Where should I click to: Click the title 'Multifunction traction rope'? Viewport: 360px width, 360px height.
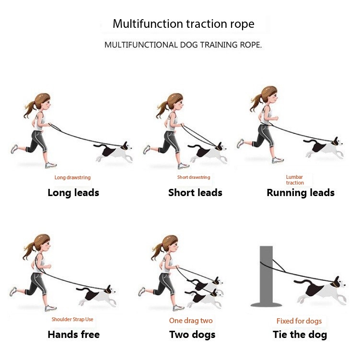tap(184, 23)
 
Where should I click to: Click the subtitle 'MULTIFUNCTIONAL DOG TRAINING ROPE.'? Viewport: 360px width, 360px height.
tap(183, 45)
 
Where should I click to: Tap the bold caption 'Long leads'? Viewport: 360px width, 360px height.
tap(73, 193)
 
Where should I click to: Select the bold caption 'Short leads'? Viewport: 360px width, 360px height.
tap(195, 193)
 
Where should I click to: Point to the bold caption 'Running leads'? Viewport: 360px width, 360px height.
tap(301, 193)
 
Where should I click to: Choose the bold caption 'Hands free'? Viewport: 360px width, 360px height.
tap(73, 335)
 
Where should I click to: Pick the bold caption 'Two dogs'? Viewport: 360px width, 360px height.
tap(192, 335)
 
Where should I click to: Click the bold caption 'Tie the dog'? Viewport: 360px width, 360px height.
tap(300, 335)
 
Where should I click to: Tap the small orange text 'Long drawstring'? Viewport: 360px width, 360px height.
tap(72, 177)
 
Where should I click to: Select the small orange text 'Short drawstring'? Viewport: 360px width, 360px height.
tap(194, 177)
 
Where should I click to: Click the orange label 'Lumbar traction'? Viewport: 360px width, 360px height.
tap(295, 180)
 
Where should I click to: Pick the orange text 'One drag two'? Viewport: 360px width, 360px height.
tap(191, 321)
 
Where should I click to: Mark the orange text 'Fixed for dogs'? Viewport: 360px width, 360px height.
tap(299, 321)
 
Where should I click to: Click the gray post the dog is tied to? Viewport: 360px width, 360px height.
tap(267, 276)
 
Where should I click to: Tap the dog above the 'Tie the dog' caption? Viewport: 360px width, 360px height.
tap(324, 290)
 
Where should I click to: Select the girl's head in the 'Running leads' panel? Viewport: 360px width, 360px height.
tap(268, 94)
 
